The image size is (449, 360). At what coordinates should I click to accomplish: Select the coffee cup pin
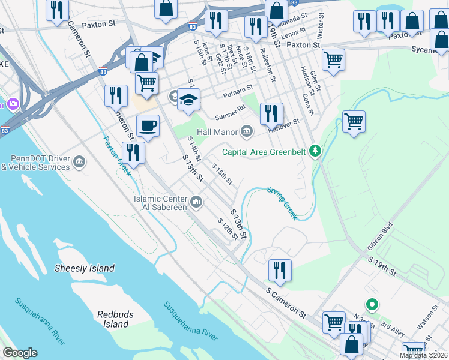tap(148, 126)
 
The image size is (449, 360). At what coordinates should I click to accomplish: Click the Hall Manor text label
tap(218, 131)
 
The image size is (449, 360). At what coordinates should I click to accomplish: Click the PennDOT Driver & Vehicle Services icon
tap(79, 162)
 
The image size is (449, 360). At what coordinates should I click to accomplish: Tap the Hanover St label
tap(285, 123)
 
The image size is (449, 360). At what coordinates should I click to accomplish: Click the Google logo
tap(20, 353)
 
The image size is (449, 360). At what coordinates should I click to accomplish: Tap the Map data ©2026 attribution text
tap(423, 355)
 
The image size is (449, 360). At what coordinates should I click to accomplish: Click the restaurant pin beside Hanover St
tap(271, 113)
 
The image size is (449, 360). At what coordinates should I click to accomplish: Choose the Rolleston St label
tap(268, 67)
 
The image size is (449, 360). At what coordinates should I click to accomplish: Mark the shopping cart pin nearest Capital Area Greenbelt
tap(354, 121)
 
